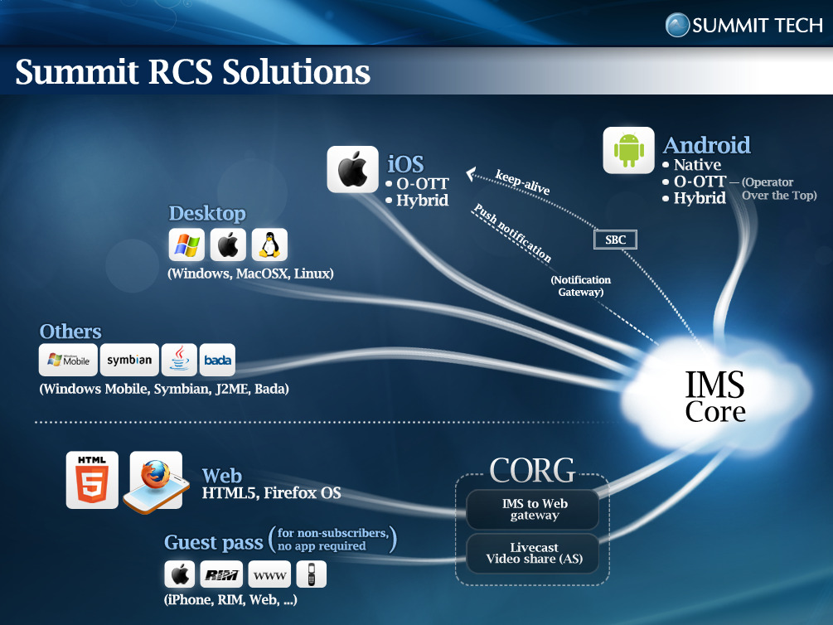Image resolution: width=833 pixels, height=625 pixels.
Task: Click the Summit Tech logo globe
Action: pos(678,25)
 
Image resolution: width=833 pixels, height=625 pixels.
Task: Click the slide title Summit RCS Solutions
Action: pos(193,72)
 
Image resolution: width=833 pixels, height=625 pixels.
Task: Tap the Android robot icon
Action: pos(629,150)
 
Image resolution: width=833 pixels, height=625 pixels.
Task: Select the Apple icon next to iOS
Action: pos(353,169)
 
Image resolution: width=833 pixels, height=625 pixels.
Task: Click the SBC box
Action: pos(615,240)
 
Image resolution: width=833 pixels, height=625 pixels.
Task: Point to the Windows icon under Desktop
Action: pos(186,245)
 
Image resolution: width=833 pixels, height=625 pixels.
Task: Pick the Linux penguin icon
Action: pos(269,245)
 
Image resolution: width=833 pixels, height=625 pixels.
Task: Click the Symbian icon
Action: pos(129,360)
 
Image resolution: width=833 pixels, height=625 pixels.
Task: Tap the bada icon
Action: pos(218,360)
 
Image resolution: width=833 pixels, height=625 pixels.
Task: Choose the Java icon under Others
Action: pos(179,360)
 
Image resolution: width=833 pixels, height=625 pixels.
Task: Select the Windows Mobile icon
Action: pos(68,360)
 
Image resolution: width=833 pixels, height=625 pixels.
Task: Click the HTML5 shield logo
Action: pos(92,480)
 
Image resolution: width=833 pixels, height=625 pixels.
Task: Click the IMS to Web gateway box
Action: pos(535,509)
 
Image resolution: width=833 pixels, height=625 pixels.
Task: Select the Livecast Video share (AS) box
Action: pos(535,554)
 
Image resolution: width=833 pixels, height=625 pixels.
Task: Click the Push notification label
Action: pos(512,233)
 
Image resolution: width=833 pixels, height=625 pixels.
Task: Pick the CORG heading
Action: pos(532,471)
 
